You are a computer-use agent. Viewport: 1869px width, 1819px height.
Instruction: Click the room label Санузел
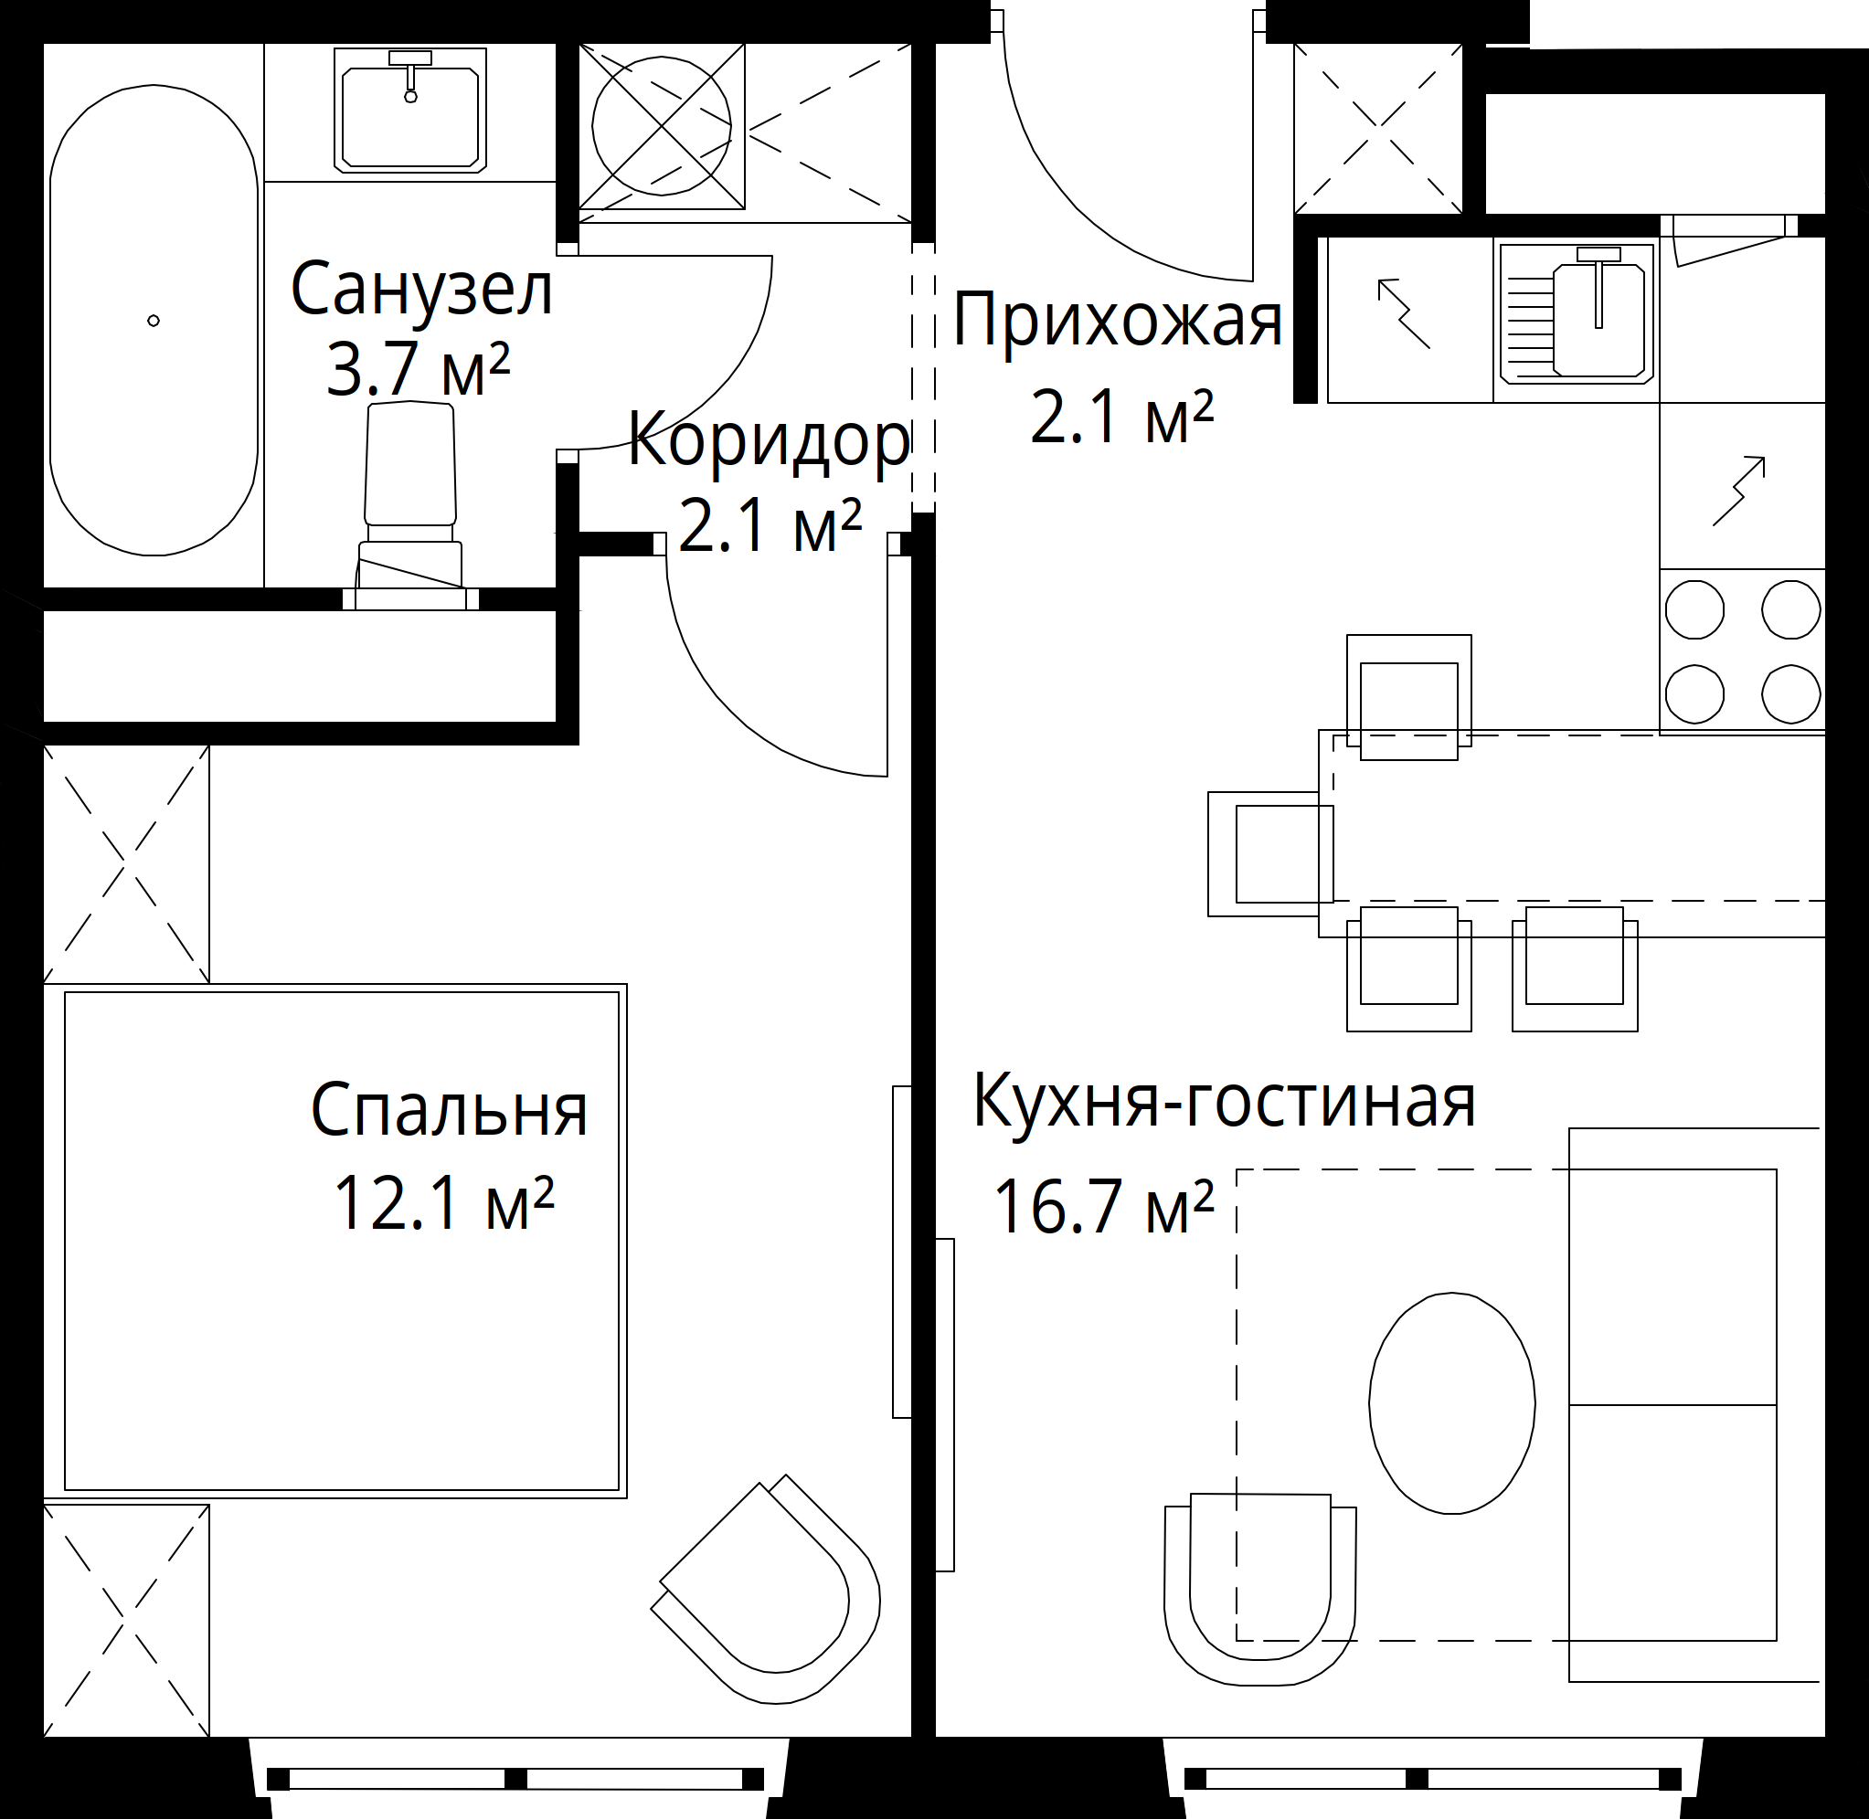coord(421,289)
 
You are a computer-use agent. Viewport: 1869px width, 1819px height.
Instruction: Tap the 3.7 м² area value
coord(419,369)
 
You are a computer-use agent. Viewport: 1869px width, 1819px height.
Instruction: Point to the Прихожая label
coord(1117,321)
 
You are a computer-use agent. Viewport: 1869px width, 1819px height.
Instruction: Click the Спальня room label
coord(449,1109)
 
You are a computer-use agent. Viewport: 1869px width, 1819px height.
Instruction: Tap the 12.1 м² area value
coord(443,1203)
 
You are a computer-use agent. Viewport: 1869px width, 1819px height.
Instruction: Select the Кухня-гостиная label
coord(1224,1101)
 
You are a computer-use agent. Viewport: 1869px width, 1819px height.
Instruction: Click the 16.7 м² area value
coord(1104,1206)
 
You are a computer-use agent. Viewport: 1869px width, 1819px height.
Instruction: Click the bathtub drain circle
coord(153,321)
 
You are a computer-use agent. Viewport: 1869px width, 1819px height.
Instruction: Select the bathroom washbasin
coord(410,111)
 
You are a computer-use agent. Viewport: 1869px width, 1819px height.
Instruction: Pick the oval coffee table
coord(1451,1402)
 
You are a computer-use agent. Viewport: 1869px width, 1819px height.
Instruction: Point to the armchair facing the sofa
coord(1259,1590)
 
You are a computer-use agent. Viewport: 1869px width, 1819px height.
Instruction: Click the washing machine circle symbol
coord(661,125)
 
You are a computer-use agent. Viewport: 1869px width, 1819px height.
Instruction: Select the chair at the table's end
coord(1271,853)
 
